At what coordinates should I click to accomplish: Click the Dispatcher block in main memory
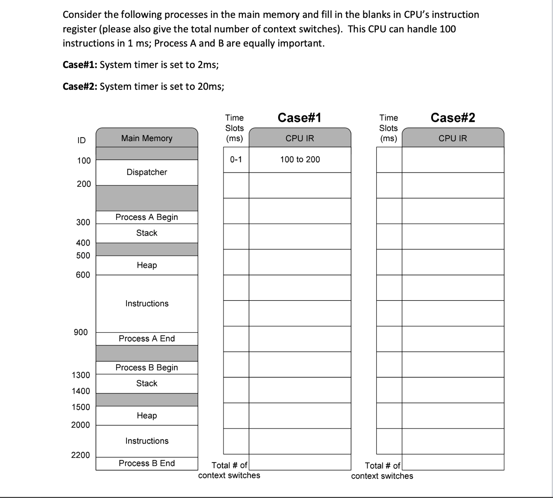[x=147, y=172]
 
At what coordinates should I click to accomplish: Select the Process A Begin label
[x=147, y=217]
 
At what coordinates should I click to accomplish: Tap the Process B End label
[x=147, y=463]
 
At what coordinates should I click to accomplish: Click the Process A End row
[x=147, y=339]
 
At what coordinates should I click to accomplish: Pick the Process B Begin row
[x=147, y=368]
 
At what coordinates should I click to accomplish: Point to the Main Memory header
[x=147, y=138]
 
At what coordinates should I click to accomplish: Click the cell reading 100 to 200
[x=300, y=159]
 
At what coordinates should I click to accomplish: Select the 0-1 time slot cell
[x=236, y=159]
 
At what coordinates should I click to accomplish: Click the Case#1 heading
[x=299, y=118]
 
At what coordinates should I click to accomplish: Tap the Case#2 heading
[x=453, y=118]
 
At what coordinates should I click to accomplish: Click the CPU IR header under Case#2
[x=453, y=138]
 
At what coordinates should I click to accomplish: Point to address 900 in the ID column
[x=81, y=332]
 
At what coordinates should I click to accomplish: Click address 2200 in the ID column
[x=81, y=455]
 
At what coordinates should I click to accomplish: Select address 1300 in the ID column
[x=81, y=375]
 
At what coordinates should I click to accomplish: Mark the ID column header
[x=81, y=140]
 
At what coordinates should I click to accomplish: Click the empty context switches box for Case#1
[x=300, y=462]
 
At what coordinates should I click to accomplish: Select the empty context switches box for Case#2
[x=453, y=462]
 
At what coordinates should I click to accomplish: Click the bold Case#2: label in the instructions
[x=80, y=86]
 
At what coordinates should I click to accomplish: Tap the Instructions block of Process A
[x=147, y=304]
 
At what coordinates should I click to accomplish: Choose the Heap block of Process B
[x=147, y=416]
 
